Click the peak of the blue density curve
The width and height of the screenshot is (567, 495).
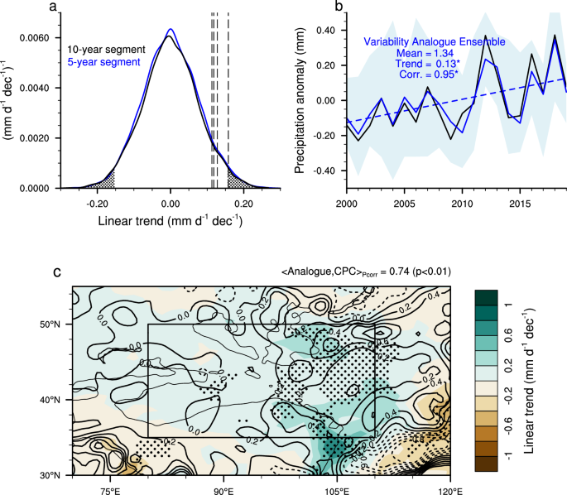point(171,29)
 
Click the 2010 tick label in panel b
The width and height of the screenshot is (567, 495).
point(455,203)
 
